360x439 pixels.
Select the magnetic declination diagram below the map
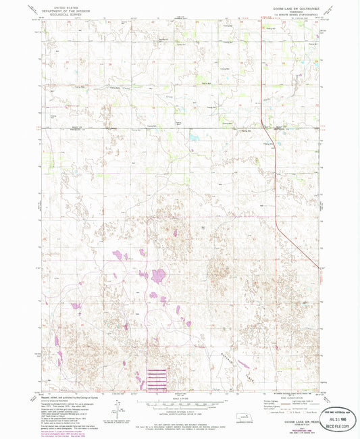(118, 407)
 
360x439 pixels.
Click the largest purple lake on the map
(159, 275)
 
